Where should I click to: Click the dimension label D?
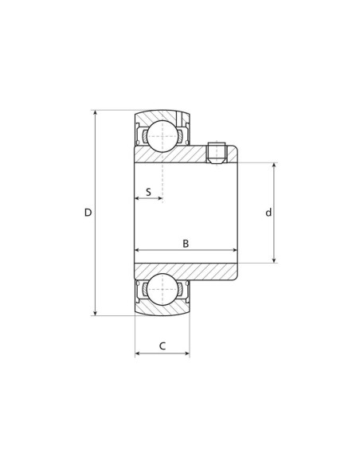coord(88,213)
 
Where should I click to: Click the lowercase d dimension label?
coord(268,213)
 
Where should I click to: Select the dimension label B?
coord(186,244)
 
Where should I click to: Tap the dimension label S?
coord(149,192)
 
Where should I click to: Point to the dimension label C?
coord(162,346)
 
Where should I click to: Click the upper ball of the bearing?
coord(162,136)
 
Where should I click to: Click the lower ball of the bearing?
coord(162,289)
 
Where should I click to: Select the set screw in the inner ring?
coord(217,154)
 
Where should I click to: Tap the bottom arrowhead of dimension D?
coord(96,313)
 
